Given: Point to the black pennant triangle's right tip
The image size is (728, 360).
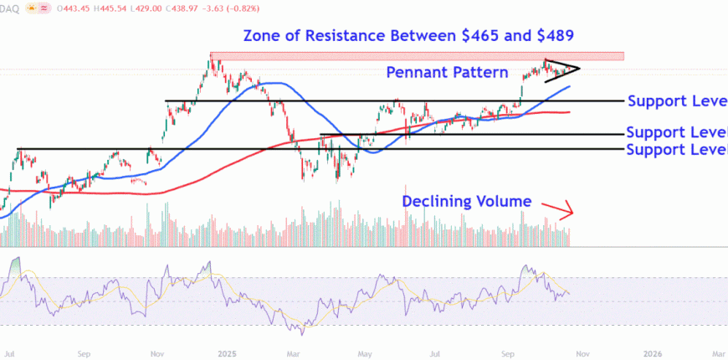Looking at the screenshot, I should tap(579, 68).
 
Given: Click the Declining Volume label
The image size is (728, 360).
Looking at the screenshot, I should tap(467, 201).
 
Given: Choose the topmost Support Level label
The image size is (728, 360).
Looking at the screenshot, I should tap(677, 101).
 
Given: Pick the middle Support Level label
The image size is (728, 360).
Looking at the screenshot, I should tap(676, 133).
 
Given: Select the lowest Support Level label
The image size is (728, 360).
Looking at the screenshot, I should tap(676, 150).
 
